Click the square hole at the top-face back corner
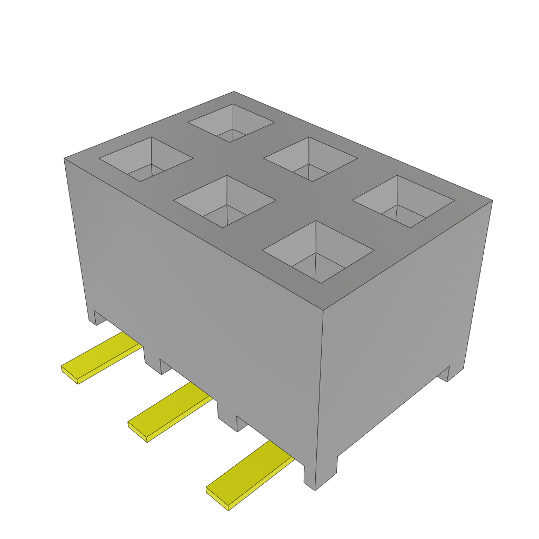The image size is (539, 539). click(232, 123)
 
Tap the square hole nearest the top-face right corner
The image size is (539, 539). click(403, 202)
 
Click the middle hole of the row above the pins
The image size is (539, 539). click(225, 202)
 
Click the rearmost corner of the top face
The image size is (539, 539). click(234, 92)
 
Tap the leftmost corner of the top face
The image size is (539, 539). click(64, 158)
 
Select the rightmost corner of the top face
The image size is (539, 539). click(492, 200)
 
